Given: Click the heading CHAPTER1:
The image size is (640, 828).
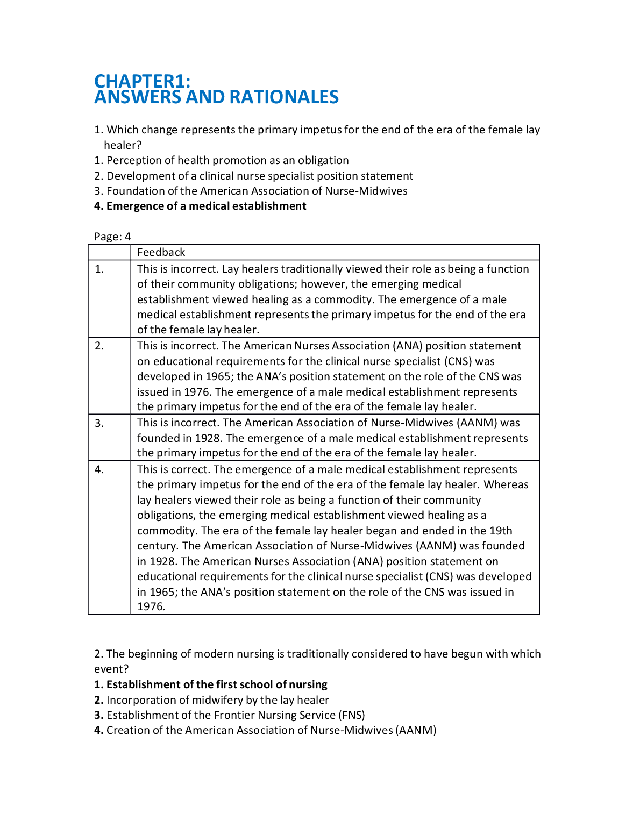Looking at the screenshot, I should [x=142, y=81].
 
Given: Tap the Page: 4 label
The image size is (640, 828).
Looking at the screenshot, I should [x=112, y=237].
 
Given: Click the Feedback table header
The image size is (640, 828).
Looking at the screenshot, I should [x=161, y=252].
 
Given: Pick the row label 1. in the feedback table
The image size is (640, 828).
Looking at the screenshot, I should [x=99, y=269].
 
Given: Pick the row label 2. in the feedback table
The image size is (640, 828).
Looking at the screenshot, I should [x=99, y=346].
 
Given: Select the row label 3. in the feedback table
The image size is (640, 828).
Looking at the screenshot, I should [x=99, y=423].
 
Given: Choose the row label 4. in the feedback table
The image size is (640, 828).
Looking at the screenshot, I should [x=99, y=469].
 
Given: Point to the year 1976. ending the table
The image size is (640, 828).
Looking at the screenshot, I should [x=151, y=606].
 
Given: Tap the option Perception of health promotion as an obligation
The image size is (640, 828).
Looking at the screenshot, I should [x=227, y=160].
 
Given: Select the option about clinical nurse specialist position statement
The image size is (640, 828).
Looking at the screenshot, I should [x=260, y=176].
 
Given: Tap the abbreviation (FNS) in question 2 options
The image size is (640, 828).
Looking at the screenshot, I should [x=352, y=715].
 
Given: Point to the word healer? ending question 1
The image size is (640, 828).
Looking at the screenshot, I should [x=123, y=145].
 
